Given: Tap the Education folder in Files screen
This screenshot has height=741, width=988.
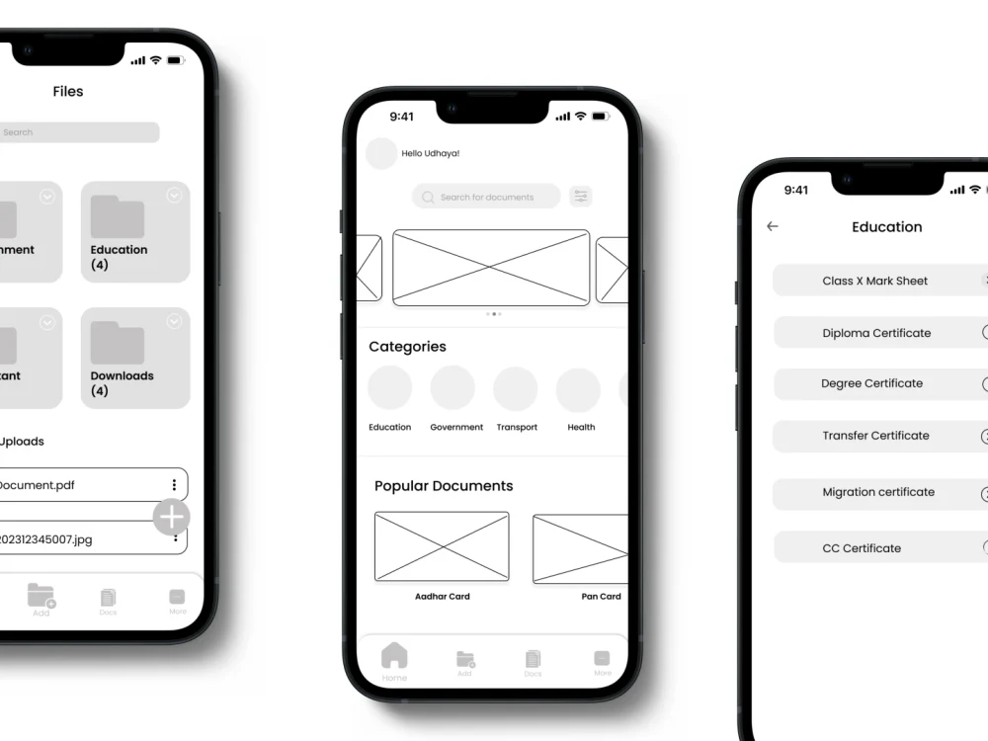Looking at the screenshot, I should [x=134, y=231].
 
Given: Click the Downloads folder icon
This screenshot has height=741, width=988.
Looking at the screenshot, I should [x=118, y=343].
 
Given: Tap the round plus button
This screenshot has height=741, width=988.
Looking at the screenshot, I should [x=172, y=517].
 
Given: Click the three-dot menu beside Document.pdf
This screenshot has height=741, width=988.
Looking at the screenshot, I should [x=174, y=485].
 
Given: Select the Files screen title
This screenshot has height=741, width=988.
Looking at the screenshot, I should [x=68, y=92].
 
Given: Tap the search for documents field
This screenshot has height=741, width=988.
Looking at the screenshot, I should [x=486, y=198].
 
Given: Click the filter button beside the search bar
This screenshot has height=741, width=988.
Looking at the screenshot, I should [x=581, y=197].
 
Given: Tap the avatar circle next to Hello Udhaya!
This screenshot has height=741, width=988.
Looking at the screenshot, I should [x=381, y=154].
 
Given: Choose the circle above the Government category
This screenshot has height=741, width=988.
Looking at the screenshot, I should [x=453, y=388].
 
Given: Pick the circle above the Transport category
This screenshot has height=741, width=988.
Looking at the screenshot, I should [x=515, y=388].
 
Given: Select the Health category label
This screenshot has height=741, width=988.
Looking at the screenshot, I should [x=581, y=428].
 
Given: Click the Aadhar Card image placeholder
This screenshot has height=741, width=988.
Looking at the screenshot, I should [x=442, y=546].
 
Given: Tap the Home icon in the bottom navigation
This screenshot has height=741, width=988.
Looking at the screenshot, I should [x=394, y=656].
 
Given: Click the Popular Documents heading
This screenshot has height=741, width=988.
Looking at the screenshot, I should [x=444, y=486].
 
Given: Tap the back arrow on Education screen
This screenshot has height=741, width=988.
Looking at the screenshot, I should [x=773, y=226].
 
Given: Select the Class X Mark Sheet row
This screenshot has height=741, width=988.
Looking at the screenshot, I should [x=875, y=281].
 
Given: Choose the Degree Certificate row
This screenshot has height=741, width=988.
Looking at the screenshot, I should [x=872, y=383].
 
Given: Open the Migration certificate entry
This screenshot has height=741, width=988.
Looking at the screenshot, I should [x=878, y=492].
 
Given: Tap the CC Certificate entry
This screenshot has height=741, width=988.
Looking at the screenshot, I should [x=862, y=548].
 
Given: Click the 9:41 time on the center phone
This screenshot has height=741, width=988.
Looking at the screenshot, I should [x=402, y=117].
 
